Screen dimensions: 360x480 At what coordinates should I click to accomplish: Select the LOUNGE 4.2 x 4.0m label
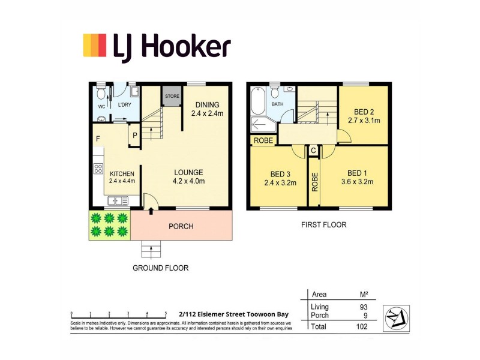click(x=189, y=176)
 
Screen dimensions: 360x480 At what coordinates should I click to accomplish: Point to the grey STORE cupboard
click(x=172, y=97)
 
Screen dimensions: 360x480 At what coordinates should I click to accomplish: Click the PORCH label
click(x=181, y=226)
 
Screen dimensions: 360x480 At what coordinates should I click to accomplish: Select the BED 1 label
click(x=357, y=173)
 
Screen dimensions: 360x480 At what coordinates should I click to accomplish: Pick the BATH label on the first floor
click(x=277, y=104)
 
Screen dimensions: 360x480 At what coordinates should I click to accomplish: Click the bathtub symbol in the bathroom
click(x=257, y=101)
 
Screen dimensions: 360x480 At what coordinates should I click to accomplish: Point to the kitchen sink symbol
click(x=115, y=201)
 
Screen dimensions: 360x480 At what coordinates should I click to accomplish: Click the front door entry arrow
click(x=150, y=211)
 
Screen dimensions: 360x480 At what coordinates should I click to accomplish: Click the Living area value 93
click(x=363, y=307)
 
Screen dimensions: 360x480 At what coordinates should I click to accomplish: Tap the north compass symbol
click(x=395, y=314)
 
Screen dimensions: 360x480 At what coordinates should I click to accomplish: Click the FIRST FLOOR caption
click(x=323, y=225)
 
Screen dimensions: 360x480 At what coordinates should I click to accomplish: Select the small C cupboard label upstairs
click(x=313, y=150)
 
